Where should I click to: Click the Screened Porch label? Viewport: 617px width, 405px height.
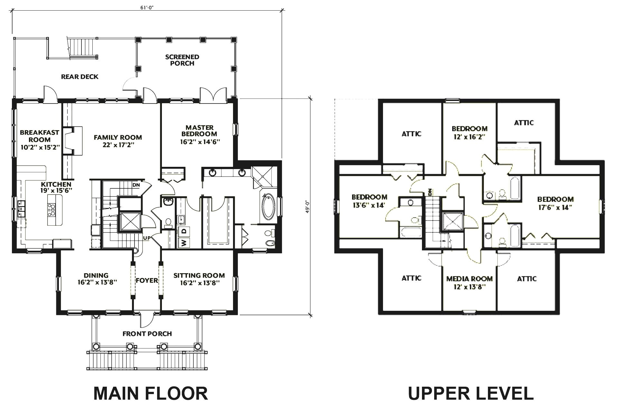click(x=182, y=60)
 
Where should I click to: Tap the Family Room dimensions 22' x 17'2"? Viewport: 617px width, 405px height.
click(x=118, y=145)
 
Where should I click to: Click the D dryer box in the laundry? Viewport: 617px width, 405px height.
click(x=184, y=231)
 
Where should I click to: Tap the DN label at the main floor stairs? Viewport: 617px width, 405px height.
click(x=136, y=185)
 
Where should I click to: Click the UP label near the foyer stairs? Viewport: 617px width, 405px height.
click(x=147, y=238)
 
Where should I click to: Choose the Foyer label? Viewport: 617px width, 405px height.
click(x=147, y=280)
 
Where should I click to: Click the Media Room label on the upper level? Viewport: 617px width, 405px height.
click(x=469, y=279)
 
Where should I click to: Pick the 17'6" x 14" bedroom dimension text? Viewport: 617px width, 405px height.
click(x=555, y=207)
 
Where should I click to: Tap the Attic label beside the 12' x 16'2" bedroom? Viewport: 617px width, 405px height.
click(x=524, y=122)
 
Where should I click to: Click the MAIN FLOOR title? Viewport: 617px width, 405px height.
click(x=151, y=393)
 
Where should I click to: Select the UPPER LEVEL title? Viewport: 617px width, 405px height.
click(x=471, y=393)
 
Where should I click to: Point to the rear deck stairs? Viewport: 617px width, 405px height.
click(x=82, y=47)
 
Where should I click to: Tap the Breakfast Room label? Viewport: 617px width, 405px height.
click(x=40, y=136)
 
